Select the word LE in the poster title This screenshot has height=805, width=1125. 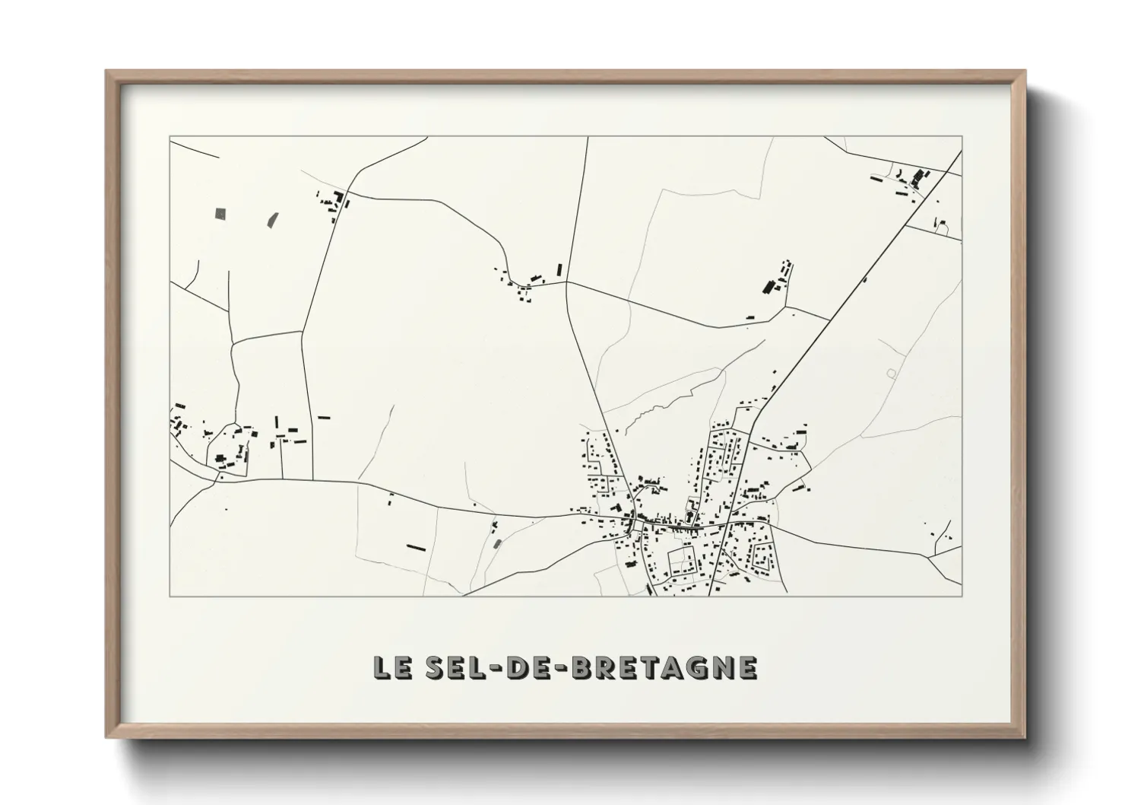(391, 667)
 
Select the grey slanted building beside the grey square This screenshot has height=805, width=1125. (271, 219)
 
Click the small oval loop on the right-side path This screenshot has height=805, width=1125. (891, 373)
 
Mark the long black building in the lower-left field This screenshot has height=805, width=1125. (415, 546)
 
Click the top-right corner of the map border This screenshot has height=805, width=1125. (962, 137)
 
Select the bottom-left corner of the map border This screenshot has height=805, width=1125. (170, 596)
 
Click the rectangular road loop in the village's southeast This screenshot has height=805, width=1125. (682, 562)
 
